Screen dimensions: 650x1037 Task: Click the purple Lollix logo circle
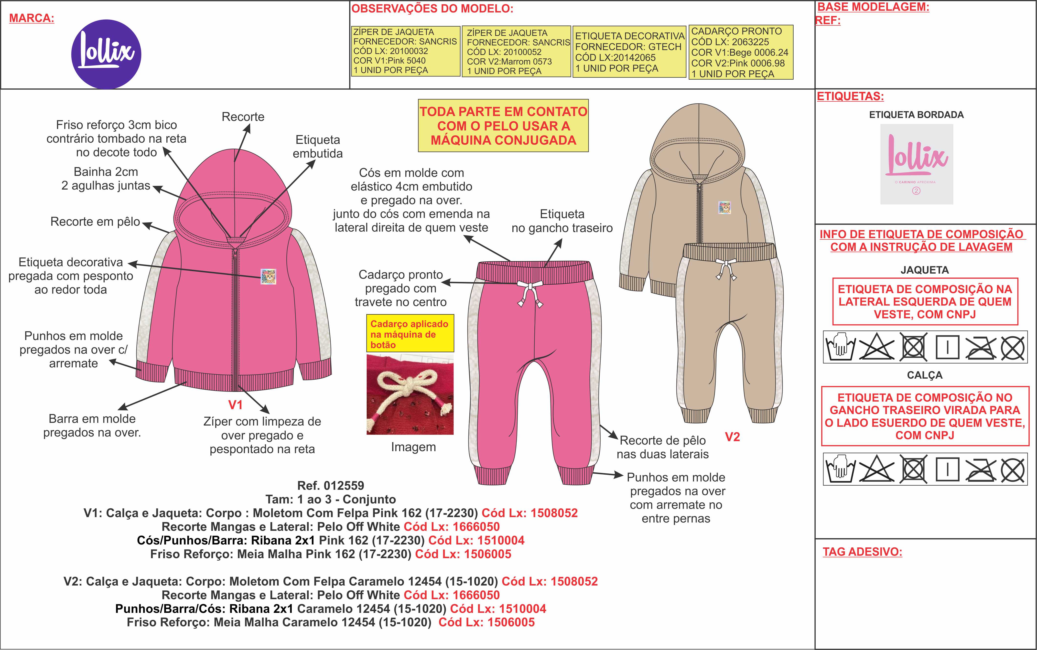point(106,54)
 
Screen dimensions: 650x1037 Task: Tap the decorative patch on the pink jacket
point(268,277)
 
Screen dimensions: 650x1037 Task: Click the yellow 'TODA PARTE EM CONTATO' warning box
point(503,126)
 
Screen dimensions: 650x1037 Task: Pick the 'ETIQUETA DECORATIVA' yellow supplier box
point(629,52)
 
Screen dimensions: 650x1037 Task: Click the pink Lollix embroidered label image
point(917,164)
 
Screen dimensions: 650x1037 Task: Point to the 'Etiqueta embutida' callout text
point(318,147)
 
